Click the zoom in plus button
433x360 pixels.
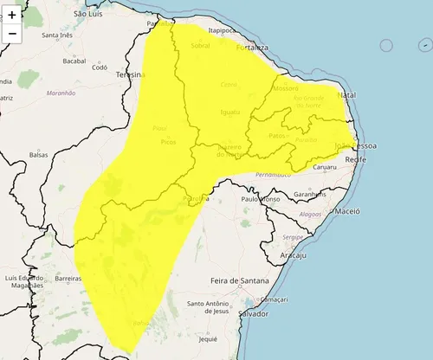pos(11,16)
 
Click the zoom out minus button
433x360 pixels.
pos(11,34)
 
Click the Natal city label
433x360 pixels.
pos(347,94)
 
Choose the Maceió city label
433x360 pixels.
pos(346,210)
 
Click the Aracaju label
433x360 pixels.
pos(297,257)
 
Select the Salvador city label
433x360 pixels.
pos(253,313)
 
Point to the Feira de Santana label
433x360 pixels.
pos(241,281)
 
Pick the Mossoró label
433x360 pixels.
pos(286,88)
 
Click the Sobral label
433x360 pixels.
pos(200,45)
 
